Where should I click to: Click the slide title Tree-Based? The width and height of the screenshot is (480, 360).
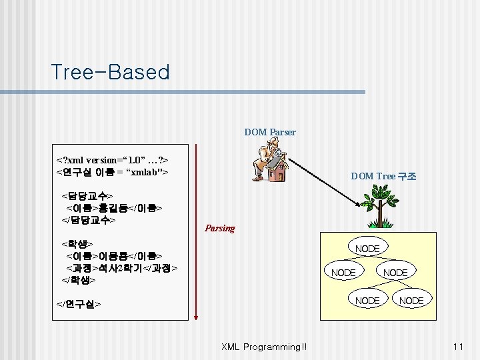[110, 72]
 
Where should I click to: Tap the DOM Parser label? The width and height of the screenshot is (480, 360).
[269, 132]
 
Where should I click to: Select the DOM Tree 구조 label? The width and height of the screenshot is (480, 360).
[383, 176]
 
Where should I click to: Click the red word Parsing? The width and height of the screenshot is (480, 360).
[220, 228]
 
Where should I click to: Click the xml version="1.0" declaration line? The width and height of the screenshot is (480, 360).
[112, 160]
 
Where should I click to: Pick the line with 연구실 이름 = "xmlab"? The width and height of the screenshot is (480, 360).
[112, 173]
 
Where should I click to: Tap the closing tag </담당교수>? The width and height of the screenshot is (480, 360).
[89, 219]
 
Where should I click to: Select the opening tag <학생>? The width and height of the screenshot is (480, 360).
[77, 244]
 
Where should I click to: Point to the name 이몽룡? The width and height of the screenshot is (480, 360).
[113, 255]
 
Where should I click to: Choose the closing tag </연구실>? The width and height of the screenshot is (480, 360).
[79, 304]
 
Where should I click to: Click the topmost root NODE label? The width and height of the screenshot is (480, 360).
[367, 249]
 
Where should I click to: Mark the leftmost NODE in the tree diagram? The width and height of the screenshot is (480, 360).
[343, 273]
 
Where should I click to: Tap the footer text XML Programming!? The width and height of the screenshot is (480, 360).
[264, 347]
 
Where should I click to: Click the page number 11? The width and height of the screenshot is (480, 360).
[457, 347]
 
